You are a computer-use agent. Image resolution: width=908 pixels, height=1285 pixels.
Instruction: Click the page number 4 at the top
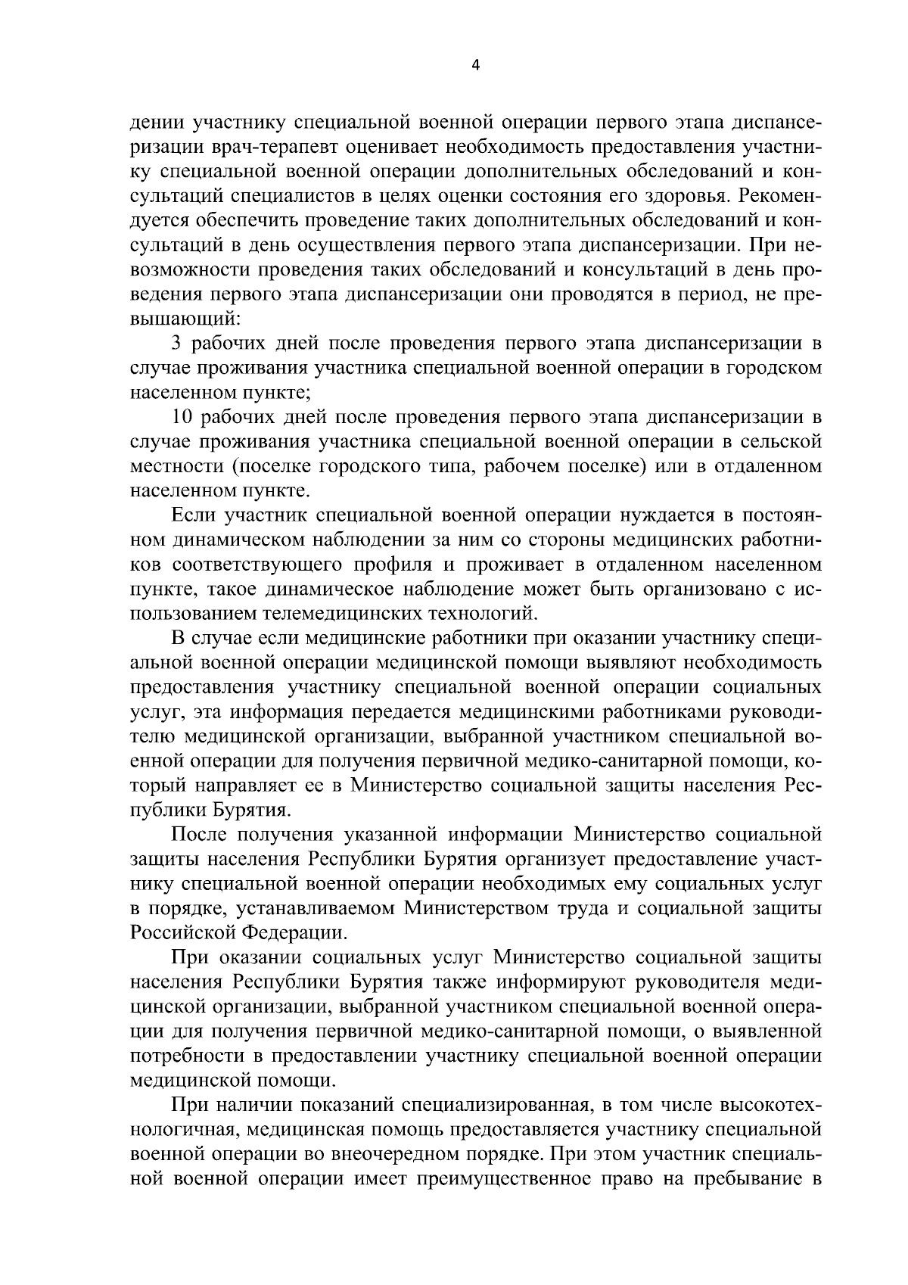coord(475,65)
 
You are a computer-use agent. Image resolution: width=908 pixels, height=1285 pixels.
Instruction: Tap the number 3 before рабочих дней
coord(176,344)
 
